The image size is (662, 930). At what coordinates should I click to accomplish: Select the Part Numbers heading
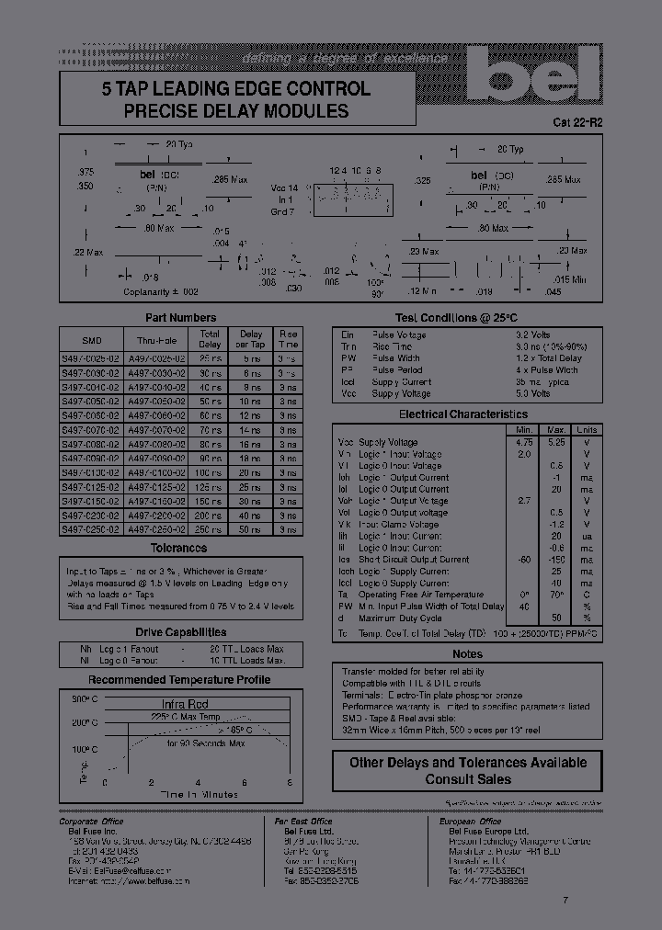180,318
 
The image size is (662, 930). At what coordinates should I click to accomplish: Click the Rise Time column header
288,339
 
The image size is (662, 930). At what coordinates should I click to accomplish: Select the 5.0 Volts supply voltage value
533,393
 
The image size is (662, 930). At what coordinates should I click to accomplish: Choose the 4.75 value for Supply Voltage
525,442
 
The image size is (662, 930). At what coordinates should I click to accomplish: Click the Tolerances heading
178,548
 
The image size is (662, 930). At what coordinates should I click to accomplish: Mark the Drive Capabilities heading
180,632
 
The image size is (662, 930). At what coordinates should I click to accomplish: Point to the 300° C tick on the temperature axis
84,699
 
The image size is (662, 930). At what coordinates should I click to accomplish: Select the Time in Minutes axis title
199,794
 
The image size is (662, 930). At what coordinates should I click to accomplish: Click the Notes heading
467,654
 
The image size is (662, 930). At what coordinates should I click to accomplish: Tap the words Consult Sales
468,779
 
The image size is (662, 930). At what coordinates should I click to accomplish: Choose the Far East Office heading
303,821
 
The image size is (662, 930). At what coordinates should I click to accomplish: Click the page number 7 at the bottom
565,900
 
